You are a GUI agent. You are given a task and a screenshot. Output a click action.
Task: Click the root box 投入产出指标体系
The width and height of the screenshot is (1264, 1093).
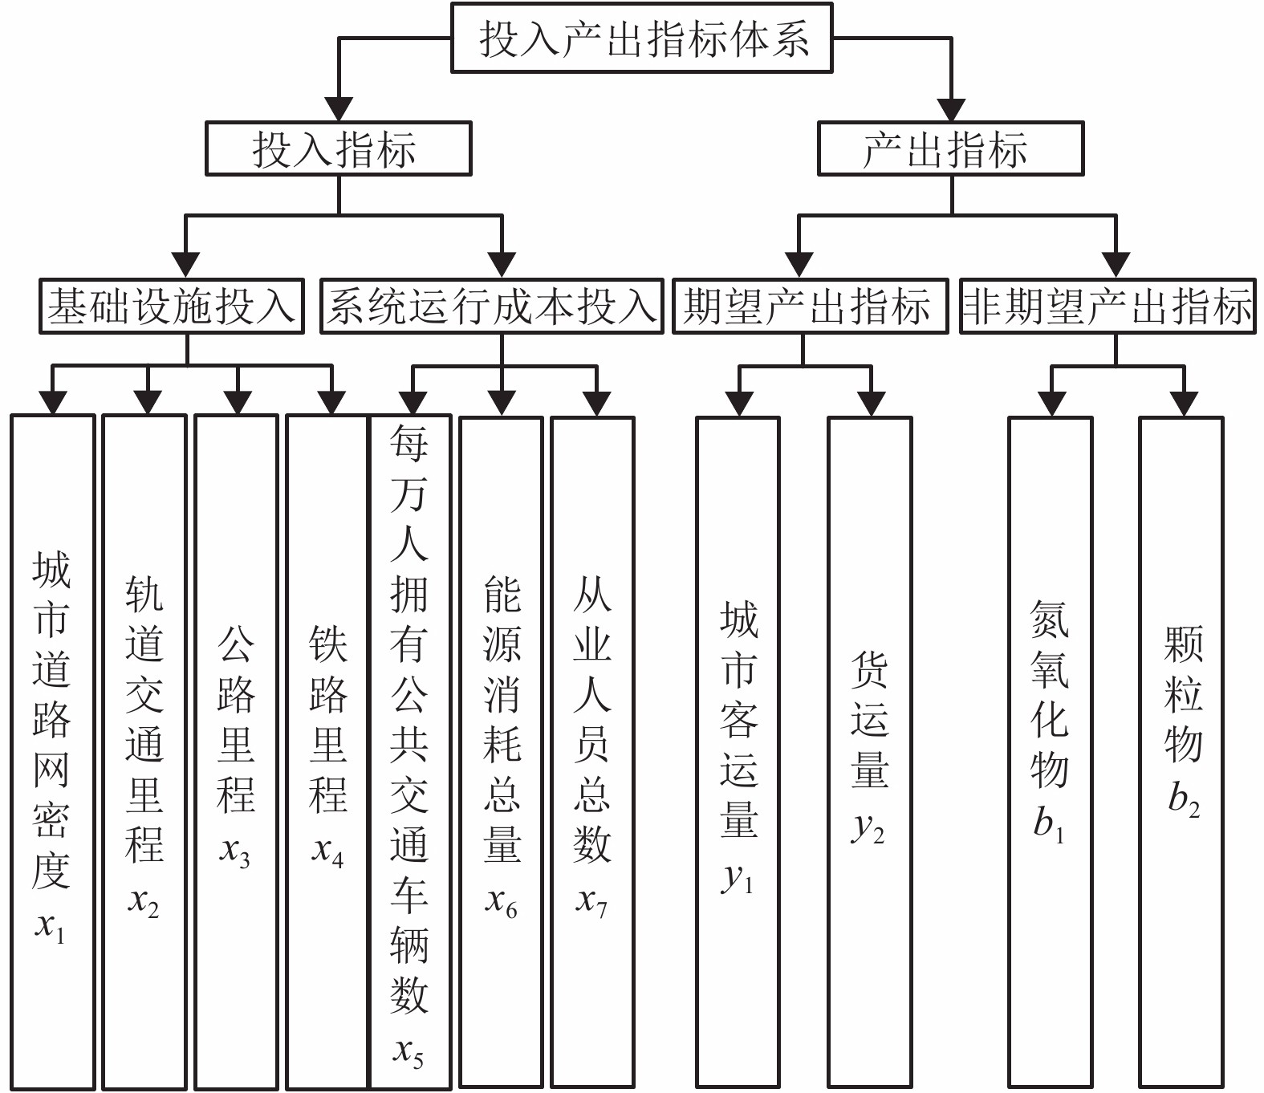642,39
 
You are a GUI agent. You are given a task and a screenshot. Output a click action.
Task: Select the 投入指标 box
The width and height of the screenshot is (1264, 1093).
338,148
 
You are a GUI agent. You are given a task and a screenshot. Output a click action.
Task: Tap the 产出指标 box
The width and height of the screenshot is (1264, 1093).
950,148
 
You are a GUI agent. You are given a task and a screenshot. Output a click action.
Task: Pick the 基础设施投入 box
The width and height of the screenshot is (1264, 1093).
172,306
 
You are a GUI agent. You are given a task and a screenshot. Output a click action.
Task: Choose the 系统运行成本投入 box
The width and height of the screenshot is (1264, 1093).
492,306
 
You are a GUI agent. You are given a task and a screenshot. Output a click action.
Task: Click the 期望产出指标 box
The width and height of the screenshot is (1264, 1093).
809,306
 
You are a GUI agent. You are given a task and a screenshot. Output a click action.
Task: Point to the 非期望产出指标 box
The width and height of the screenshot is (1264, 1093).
1108,306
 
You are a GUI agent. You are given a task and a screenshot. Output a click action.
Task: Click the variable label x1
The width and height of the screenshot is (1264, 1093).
50,928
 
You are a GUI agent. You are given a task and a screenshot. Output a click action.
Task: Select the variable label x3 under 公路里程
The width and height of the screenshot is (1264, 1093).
235,852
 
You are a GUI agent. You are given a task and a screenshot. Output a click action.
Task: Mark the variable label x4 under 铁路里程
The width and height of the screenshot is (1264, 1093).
327,852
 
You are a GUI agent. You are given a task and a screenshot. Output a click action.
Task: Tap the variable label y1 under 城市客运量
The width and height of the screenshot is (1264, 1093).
738,879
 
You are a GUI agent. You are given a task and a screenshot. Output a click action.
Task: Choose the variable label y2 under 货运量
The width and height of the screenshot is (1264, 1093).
868,828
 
